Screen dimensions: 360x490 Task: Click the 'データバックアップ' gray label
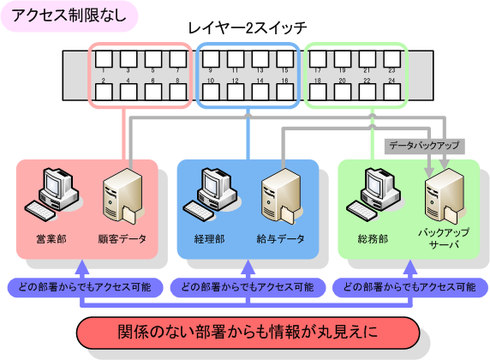[423, 147]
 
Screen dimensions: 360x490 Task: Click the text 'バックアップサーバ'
[438, 238]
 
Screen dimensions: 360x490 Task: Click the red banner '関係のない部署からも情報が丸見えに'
[248, 332]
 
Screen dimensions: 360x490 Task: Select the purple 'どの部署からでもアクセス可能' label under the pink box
[82, 286]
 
